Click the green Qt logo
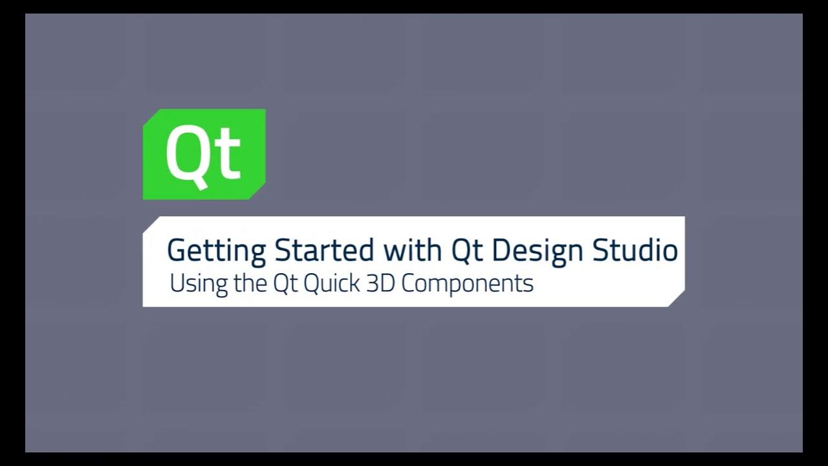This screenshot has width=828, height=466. tap(204, 154)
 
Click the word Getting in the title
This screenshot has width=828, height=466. tap(216, 250)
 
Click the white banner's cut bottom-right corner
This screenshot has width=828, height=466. tap(677, 299)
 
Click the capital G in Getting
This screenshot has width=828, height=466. tap(176, 250)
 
